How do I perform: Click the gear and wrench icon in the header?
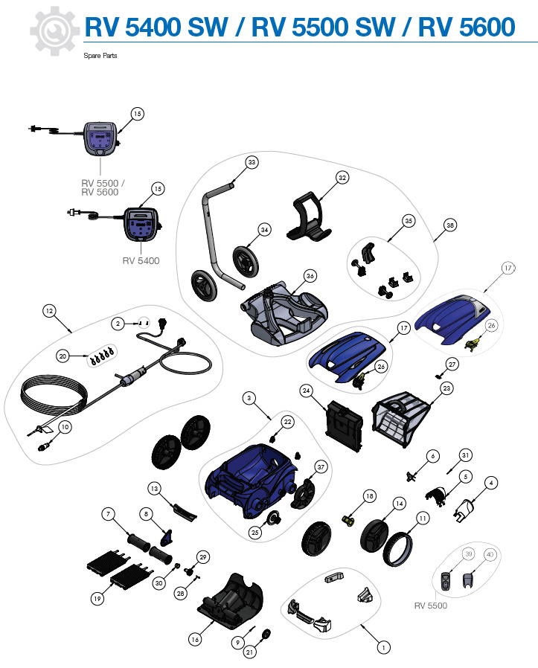[x=54, y=30]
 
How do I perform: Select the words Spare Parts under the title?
[x=100, y=56]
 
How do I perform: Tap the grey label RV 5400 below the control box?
[x=141, y=261]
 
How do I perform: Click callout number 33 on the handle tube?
[x=252, y=162]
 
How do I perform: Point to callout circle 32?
[x=342, y=178]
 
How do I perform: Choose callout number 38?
[x=449, y=225]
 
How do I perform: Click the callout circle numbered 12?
[x=50, y=312]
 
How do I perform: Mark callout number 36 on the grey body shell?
[x=310, y=276]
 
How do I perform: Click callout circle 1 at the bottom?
[x=383, y=647]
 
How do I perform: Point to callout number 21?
[x=250, y=652]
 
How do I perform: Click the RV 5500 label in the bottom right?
[x=430, y=606]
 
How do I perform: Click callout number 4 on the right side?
[x=491, y=483]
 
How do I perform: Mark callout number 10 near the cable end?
[x=65, y=427]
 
